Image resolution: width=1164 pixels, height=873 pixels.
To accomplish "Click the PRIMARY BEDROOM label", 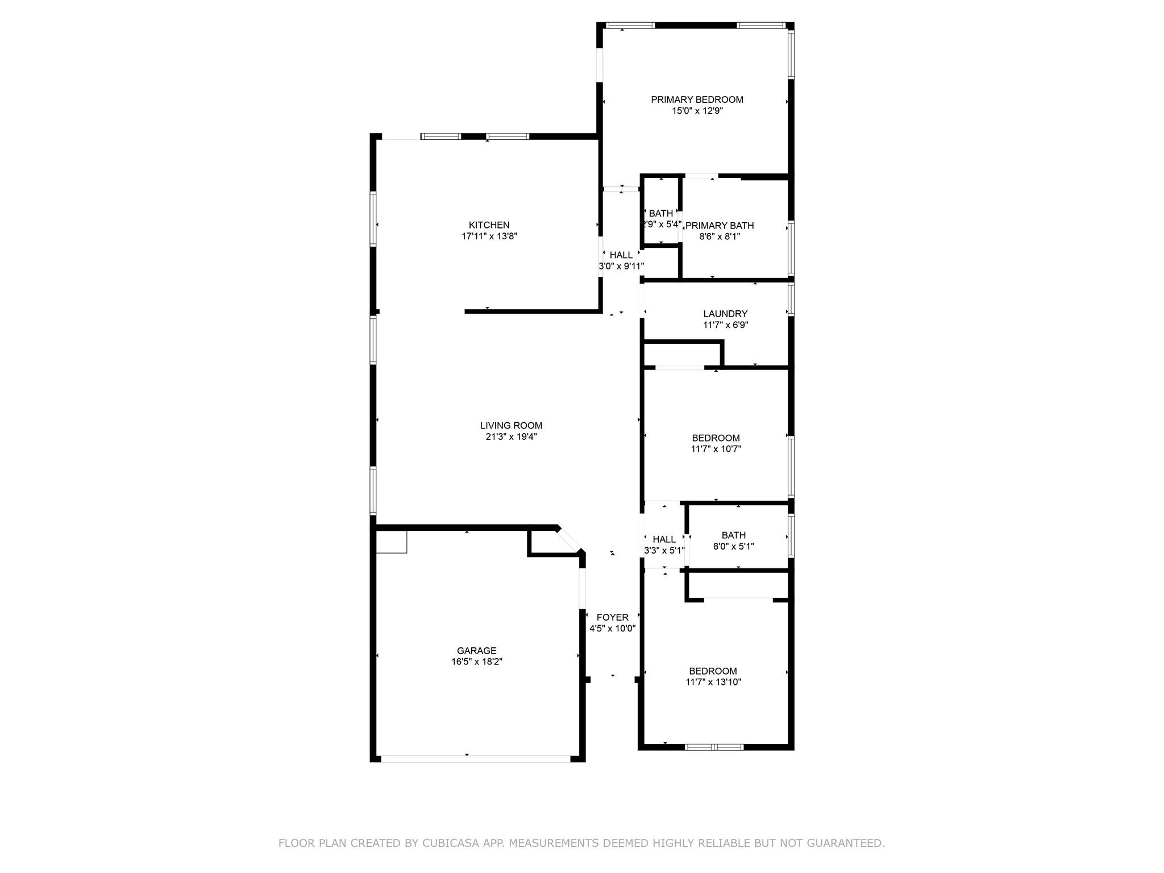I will point(697,99).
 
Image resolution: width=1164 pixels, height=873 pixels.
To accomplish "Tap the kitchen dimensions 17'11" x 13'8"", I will point(489,236).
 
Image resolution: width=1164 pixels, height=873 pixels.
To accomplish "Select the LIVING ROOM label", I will point(511,425).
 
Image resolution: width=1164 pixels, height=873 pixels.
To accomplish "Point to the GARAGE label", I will point(476,651).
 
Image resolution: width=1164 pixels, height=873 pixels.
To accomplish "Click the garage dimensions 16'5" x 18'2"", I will point(476,662).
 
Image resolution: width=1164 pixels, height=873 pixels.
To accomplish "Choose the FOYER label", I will point(612,617).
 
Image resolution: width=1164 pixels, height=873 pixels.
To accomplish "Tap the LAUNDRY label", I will point(725,314).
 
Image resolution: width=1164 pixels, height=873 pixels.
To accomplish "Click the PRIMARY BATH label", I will point(719,226).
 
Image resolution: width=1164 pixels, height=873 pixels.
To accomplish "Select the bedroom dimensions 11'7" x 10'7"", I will point(716,449).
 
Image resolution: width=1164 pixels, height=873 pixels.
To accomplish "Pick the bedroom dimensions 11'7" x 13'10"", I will point(713,682).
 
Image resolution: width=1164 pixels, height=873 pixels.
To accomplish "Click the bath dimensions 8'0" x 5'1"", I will point(733,547).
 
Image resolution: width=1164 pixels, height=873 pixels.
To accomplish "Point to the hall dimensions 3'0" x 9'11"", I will point(621,266).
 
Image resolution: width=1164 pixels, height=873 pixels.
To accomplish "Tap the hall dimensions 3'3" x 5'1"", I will point(664,550).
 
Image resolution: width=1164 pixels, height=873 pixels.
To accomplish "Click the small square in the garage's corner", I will point(392,541).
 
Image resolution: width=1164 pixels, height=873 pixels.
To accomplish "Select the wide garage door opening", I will point(475,758).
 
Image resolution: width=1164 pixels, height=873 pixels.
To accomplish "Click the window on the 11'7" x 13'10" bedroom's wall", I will point(714,747).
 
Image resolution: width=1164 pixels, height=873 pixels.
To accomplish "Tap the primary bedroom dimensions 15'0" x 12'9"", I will point(697,111).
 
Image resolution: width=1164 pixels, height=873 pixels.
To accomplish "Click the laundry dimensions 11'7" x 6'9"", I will point(725,325).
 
